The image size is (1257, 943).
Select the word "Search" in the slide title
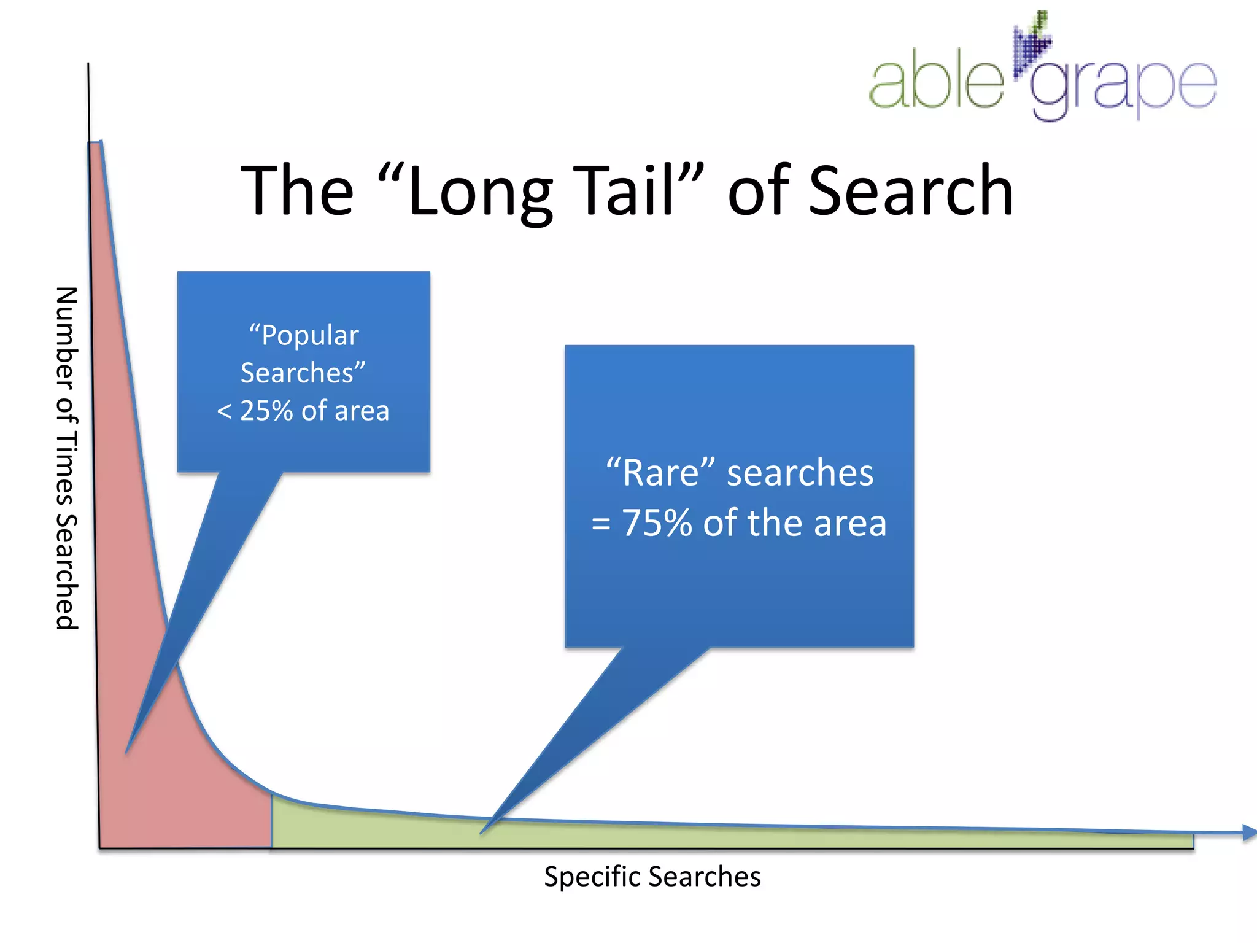911,190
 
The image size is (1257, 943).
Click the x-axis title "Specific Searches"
652,877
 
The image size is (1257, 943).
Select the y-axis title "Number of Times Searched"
66,458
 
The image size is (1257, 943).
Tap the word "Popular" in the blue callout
310,336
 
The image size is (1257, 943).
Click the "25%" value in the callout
266,411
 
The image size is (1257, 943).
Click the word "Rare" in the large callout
660,473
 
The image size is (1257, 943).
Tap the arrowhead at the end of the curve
1248,832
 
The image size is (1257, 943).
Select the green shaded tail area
675,836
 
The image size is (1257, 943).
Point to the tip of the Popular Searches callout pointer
127,751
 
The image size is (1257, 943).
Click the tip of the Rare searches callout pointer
482,832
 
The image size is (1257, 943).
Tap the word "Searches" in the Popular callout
297,373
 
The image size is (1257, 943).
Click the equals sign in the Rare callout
601,524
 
